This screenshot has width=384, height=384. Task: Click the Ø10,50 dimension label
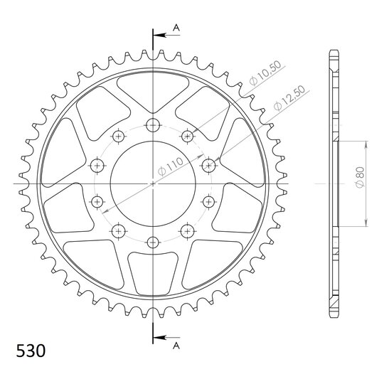tap(265, 73)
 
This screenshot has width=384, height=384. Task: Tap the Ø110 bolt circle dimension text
tap(171, 166)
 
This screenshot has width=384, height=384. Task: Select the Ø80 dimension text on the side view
tap(360, 177)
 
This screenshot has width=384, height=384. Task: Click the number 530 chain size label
tap(31, 351)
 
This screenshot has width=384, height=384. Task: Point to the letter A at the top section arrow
tap(176, 28)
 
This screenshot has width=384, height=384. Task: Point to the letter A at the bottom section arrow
tap(176, 346)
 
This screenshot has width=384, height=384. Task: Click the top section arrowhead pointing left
tap(159, 36)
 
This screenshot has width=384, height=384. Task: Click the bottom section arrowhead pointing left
tap(159, 338)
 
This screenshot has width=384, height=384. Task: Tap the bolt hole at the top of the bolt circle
tap(153, 125)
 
